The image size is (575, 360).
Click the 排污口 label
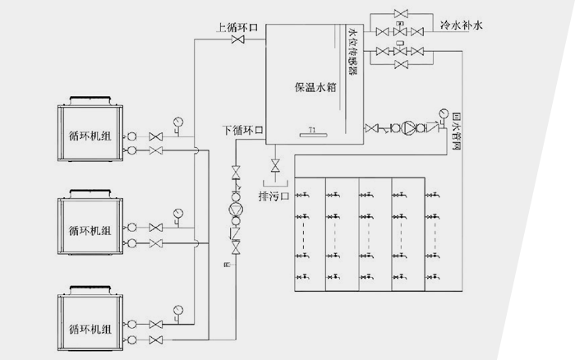(274, 196)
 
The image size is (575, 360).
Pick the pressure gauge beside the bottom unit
(177, 310)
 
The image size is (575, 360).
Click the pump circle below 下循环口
(237, 209)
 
